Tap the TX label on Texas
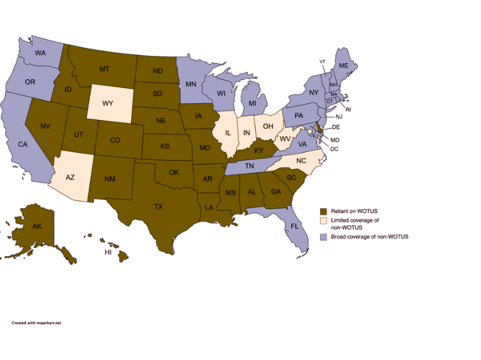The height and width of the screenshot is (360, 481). click(x=158, y=207)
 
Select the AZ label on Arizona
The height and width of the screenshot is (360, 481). click(x=71, y=177)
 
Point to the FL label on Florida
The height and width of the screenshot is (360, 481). click(x=295, y=227)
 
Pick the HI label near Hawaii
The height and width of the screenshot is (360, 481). click(x=108, y=253)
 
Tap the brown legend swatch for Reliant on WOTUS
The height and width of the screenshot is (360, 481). click(x=323, y=212)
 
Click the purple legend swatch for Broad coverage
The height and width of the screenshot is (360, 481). click(x=323, y=236)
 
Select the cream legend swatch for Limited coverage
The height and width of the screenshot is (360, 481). click(x=323, y=220)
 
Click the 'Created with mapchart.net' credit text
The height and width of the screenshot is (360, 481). click(x=36, y=323)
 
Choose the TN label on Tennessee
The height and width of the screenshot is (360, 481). click(x=248, y=166)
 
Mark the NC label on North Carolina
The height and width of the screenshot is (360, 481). click(x=301, y=160)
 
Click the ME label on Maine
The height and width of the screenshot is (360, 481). click(x=342, y=65)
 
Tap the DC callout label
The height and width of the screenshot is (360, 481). click(x=334, y=149)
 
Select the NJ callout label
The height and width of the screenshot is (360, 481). click(x=339, y=117)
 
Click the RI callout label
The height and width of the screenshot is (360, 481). click(x=348, y=109)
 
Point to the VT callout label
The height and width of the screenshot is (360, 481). click(x=323, y=61)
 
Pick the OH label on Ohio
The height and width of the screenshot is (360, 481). click(x=268, y=126)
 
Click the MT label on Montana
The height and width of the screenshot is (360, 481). click(x=104, y=68)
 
